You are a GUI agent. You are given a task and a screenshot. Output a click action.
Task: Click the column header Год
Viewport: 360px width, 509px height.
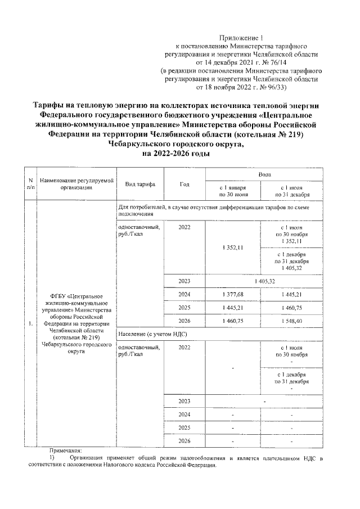[184, 184]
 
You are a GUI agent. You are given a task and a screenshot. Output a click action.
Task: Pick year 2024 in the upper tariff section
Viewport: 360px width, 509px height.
[184, 294]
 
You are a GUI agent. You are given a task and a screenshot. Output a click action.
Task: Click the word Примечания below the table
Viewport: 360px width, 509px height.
[66, 451]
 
